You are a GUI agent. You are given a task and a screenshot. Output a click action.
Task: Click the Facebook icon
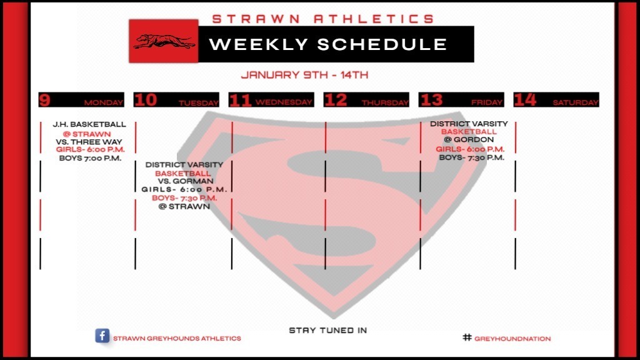point(102,336)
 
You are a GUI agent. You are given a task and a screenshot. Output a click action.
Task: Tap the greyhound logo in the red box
point(164,41)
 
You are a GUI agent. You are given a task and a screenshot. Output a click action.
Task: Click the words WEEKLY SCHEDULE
point(327,44)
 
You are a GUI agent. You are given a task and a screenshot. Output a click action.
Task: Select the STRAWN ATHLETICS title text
point(323,19)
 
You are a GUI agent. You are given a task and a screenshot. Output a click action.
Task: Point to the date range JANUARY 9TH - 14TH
point(304,75)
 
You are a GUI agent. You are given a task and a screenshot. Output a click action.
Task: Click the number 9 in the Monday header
point(44,100)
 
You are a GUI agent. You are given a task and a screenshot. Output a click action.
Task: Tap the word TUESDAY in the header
point(198,103)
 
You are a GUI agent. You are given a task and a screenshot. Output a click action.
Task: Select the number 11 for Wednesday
point(241,101)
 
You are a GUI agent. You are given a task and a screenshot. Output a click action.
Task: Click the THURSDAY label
point(385,103)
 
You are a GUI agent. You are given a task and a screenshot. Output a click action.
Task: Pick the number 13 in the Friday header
point(431,100)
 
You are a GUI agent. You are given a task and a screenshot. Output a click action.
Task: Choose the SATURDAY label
point(576,102)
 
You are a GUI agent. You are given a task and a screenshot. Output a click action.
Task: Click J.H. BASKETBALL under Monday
point(89,124)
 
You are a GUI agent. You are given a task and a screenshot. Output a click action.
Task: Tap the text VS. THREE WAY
point(89,142)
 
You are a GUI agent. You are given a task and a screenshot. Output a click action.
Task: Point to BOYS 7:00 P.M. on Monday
point(90,158)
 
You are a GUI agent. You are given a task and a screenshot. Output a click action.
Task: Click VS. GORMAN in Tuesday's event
point(186,181)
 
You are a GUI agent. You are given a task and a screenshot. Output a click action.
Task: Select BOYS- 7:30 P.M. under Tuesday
point(184,198)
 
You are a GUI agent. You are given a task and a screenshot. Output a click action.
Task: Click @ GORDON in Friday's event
point(469,139)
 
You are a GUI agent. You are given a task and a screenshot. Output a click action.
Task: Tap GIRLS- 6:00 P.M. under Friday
point(470,149)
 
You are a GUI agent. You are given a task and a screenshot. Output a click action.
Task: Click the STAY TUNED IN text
point(327,330)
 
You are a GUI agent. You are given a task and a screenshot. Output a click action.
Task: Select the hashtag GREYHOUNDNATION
point(507,338)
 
